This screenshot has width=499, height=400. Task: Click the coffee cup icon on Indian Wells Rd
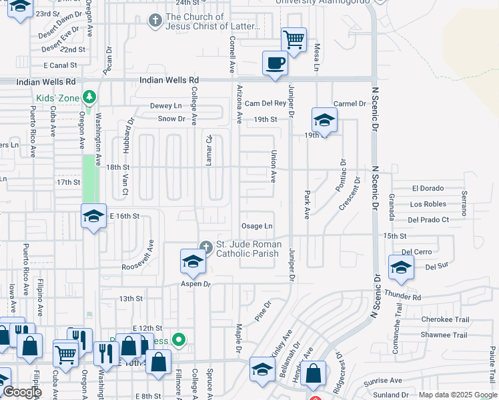[x=276, y=63]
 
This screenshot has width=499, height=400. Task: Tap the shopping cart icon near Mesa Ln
[x=294, y=39]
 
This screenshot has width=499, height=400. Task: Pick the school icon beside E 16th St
[x=93, y=215]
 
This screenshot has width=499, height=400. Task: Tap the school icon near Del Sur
[x=400, y=268]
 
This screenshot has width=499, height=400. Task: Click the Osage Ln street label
[x=258, y=227]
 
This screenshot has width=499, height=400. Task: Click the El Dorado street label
[x=428, y=189]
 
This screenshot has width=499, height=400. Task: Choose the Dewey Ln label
[x=165, y=105]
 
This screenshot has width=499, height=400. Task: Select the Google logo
[x=22, y=392]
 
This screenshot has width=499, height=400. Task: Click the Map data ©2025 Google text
[x=456, y=395]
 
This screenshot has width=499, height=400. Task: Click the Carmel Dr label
[x=350, y=103]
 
